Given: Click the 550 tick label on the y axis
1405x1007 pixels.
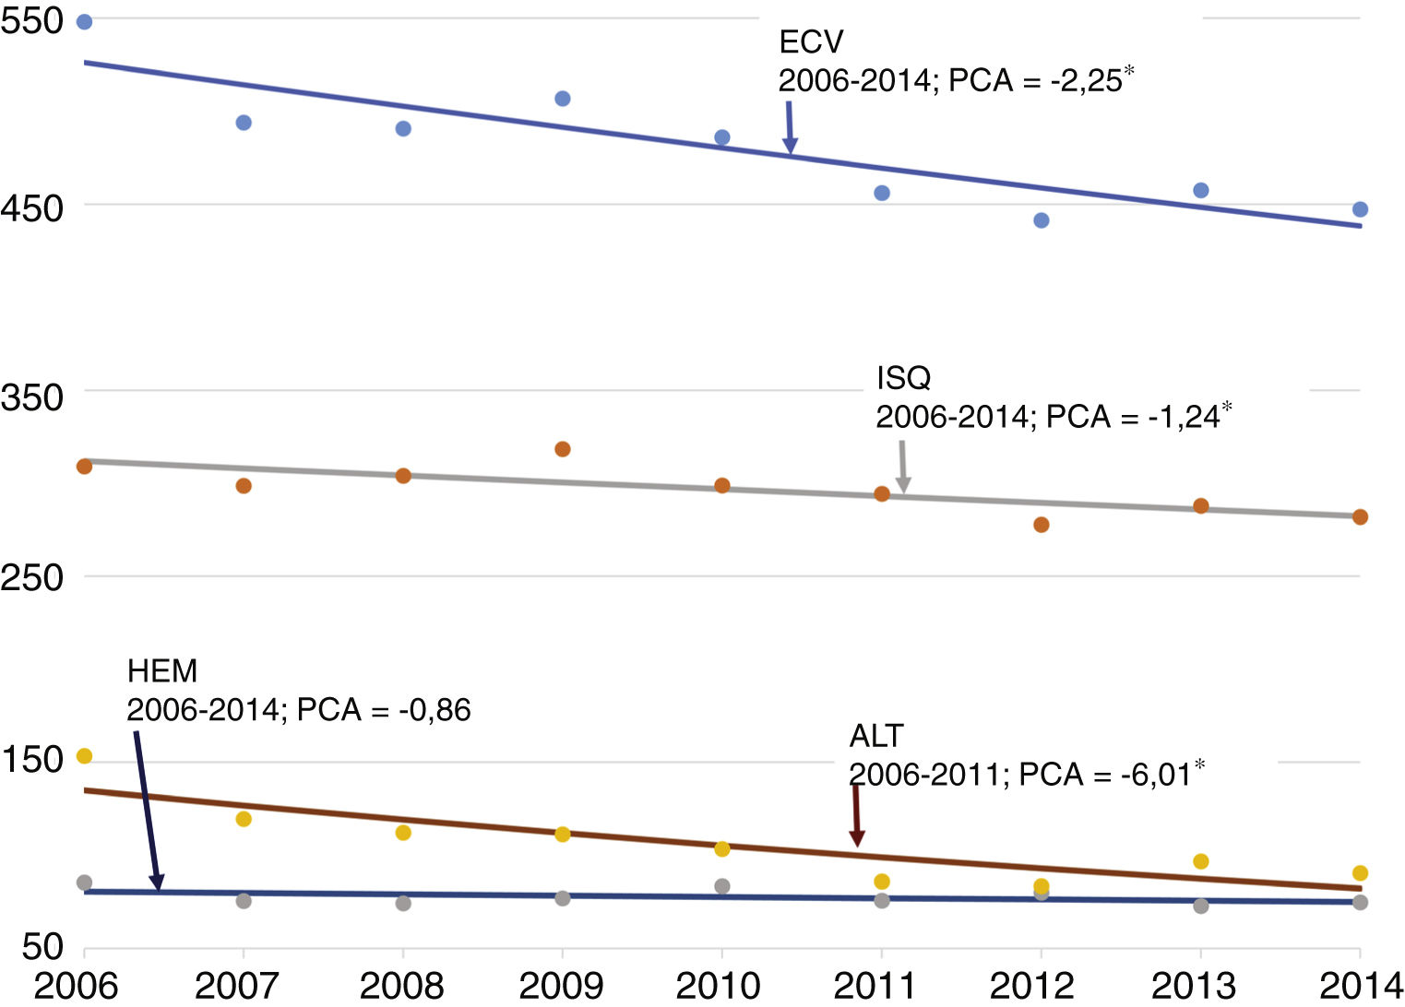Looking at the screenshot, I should pos(31,20).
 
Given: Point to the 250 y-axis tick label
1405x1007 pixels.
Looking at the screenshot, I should pos(31,578).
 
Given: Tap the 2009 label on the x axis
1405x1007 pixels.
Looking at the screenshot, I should pos(561,986).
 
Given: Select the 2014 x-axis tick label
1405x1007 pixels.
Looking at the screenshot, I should pos(1361,986).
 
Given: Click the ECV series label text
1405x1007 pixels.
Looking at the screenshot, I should pos(811,42).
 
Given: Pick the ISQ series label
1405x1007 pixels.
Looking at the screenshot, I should pos(903,378).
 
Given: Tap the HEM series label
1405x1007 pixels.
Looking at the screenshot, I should pos(162,670).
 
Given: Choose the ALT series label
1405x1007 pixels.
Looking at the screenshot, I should pos(875,736).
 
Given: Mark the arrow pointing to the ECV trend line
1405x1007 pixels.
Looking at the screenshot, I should pos(790,127).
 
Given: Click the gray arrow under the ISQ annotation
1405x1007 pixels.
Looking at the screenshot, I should pos(903,467).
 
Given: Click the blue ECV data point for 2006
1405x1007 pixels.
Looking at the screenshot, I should pos(84,22).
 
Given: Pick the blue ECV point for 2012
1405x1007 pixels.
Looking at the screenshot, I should pos(1042,220).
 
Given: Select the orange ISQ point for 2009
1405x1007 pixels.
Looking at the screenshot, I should pos(563,449).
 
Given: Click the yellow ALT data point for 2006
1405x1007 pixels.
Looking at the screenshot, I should pos(84,756).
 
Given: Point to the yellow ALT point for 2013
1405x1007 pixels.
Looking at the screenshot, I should pos(1201,861).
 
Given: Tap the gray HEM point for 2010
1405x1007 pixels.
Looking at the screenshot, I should pos(722,886).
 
